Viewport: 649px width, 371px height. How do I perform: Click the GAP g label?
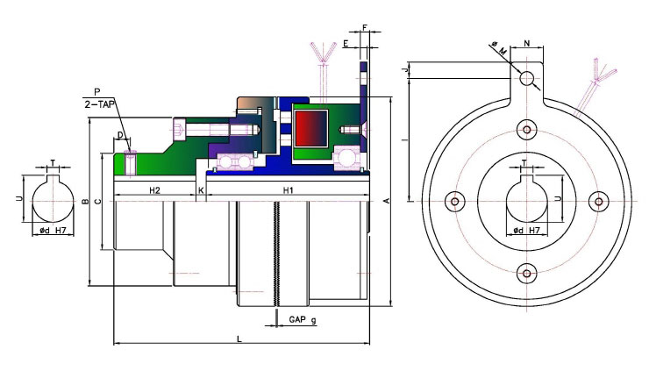(x=303, y=319)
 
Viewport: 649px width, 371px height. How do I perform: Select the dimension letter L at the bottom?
(x=239, y=339)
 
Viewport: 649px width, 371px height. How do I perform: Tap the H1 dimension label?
(x=288, y=190)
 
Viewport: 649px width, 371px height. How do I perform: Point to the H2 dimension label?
(x=154, y=190)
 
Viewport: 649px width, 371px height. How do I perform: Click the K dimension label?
(x=201, y=190)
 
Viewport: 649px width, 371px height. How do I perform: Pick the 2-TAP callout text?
(x=99, y=104)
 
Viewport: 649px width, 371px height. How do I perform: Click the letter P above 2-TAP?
(x=97, y=92)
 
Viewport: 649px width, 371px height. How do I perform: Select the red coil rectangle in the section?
(x=311, y=129)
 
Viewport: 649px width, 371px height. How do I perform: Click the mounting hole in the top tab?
(x=526, y=78)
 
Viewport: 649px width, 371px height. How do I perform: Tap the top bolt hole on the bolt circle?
(x=526, y=130)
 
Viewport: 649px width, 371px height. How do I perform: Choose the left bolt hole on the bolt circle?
(x=455, y=202)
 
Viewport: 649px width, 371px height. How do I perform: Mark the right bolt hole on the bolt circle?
(x=598, y=202)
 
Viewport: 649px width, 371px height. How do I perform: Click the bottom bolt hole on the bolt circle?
(x=526, y=274)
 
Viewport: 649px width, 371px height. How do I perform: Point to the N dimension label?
(x=527, y=43)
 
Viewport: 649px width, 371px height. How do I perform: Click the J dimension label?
(x=406, y=69)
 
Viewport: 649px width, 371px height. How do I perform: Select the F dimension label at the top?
(x=365, y=28)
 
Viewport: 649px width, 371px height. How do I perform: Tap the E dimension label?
(x=346, y=44)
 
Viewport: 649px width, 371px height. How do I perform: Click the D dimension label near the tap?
(x=120, y=135)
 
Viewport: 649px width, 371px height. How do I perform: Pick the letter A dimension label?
(x=387, y=201)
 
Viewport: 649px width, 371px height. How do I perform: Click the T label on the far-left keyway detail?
(x=53, y=163)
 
